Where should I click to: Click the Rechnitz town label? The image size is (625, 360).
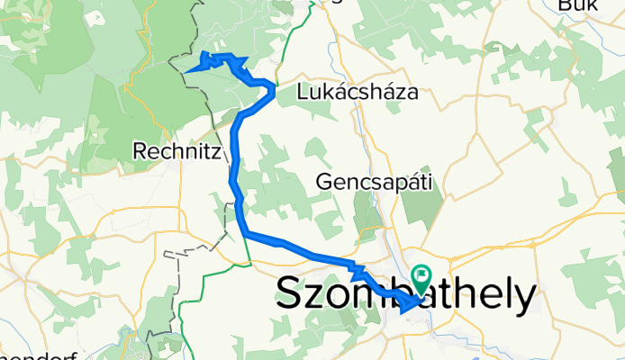tap(177, 152)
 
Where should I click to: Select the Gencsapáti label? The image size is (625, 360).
tap(375, 182)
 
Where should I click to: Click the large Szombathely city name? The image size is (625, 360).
tap(404, 293)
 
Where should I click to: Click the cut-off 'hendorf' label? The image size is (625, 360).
tap(26, 354)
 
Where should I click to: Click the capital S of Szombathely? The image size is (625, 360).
tap(289, 293)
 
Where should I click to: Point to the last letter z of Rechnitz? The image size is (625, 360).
tap(215, 152)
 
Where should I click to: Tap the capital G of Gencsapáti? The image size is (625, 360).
tap(323, 182)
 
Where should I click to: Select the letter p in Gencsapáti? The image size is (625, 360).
tap(391, 184)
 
